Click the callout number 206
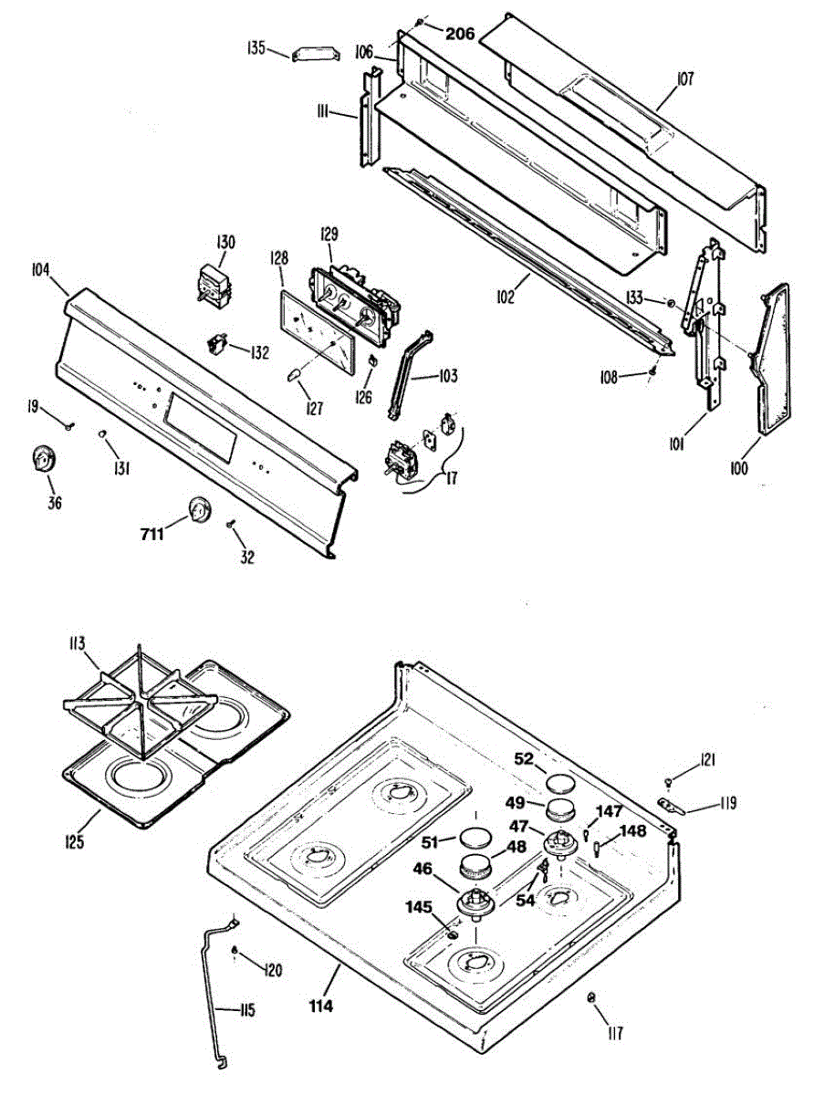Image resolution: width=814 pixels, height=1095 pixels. point(460,34)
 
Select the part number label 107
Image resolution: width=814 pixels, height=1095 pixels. point(685,79)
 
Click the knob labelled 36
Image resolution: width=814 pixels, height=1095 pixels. point(42,459)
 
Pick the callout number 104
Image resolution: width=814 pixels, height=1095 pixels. point(40,271)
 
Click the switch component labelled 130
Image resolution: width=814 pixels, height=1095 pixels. point(216,281)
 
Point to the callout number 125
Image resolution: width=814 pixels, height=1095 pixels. point(75,839)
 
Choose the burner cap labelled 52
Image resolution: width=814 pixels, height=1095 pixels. point(558,783)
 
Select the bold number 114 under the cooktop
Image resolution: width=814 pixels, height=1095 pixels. point(320,1006)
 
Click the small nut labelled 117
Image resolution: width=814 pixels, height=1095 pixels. point(591,997)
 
